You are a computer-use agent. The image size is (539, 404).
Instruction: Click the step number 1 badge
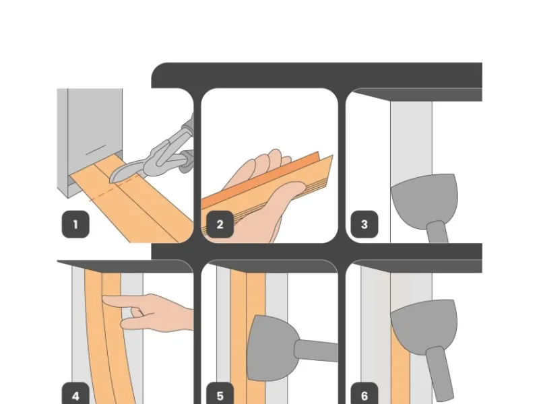[75, 225]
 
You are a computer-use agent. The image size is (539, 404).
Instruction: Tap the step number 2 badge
[220, 225]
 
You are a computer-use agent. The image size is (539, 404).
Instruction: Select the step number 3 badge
[364, 225]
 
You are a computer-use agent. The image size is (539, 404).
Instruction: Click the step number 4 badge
[75, 396]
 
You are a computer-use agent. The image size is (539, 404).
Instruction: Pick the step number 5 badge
[220, 396]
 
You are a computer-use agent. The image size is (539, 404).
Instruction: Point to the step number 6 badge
[364, 396]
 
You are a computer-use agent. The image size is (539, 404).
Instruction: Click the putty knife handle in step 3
[438, 232]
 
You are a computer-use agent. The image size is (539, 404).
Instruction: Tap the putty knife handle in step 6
[441, 370]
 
